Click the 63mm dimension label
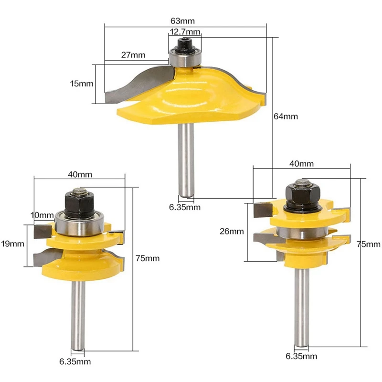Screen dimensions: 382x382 tap(182, 21)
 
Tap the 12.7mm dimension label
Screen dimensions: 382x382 tap(185, 32)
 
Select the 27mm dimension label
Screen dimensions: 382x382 tap(133, 55)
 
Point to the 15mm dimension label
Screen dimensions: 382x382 tap(82, 84)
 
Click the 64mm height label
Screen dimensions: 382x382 tap(286, 116)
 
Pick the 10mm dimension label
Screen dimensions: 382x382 tap(42, 215)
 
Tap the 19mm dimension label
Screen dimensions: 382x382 tap(12, 244)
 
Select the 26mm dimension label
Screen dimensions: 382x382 tap(232, 231)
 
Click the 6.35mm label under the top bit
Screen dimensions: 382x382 tap(185, 207)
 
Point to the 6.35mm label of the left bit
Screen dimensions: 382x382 tap(75, 361)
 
